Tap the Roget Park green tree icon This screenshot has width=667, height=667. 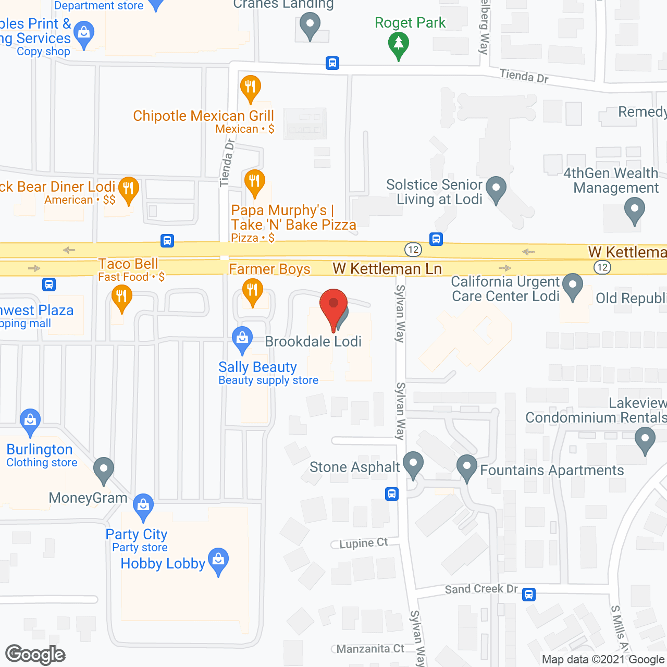coord(399,44)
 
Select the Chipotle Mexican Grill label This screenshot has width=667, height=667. coord(203,116)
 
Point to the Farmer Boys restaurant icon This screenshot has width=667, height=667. coord(252,291)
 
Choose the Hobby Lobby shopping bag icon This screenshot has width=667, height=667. coord(218,560)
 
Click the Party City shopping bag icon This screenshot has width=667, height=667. coord(143,506)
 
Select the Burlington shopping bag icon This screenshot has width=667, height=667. coord(30,421)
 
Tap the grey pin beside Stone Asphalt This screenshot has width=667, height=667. coord(413,463)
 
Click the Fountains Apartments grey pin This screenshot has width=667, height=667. coord(467,466)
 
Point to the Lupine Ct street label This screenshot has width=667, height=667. coord(363,543)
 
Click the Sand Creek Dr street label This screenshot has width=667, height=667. coord(481,589)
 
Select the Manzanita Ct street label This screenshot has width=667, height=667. coord(370,649)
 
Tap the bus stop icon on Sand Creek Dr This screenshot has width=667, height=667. coord(529,594)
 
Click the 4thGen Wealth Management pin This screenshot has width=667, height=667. coord(635,212)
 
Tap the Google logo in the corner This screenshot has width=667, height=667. coord(35,654)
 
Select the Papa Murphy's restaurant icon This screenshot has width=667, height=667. coord(255,182)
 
